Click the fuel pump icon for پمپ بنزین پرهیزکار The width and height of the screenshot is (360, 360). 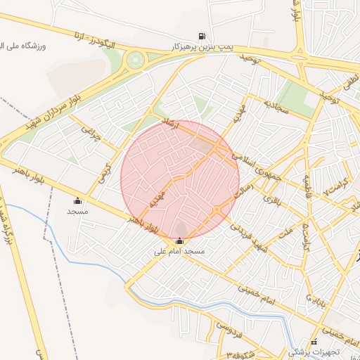tap(202, 35)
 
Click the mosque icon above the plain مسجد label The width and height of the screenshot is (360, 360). tap(77, 200)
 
